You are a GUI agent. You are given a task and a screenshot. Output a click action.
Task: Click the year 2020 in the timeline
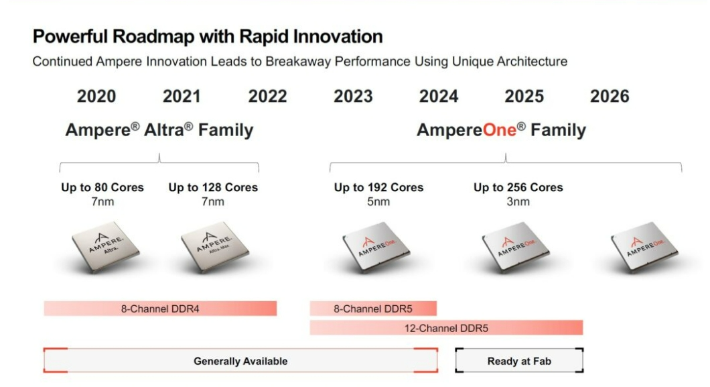click(x=96, y=96)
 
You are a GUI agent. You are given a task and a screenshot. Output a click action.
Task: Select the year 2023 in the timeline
click(x=353, y=96)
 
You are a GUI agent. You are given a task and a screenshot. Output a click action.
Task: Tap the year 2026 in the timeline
click(x=610, y=96)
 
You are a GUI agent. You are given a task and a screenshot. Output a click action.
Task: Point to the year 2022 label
click(x=268, y=96)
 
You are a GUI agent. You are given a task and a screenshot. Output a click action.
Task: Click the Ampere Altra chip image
click(x=106, y=247)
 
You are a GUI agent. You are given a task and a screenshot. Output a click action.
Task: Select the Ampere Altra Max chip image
click(x=214, y=247)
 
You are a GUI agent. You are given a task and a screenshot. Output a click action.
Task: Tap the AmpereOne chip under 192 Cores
click(x=376, y=247)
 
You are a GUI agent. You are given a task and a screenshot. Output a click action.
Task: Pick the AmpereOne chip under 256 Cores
click(x=515, y=247)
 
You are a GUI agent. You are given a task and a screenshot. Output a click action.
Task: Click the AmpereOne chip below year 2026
click(x=644, y=247)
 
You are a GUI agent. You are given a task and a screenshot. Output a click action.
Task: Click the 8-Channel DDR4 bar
click(x=160, y=309)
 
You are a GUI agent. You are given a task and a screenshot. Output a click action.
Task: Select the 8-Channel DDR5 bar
click(x=373, y=309)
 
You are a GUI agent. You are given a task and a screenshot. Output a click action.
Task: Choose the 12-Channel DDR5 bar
click(x=447, y=327)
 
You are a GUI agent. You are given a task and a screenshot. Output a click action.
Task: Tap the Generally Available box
click(x=240, y=361)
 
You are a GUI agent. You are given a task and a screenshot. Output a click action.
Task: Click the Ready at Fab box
click(x=519, y=361)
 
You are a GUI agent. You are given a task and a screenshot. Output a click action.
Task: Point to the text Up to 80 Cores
click(x=102, y=187)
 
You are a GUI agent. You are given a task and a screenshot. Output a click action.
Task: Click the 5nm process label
click(x=378, y=202)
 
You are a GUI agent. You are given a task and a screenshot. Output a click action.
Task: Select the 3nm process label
click(x=518, y=202)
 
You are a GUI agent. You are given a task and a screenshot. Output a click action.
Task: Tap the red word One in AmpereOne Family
click(x=500, y=130)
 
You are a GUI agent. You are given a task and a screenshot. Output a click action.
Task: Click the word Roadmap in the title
click(x=153, y=36)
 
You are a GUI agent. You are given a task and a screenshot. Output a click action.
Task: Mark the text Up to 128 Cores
click(x=213, y=187)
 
